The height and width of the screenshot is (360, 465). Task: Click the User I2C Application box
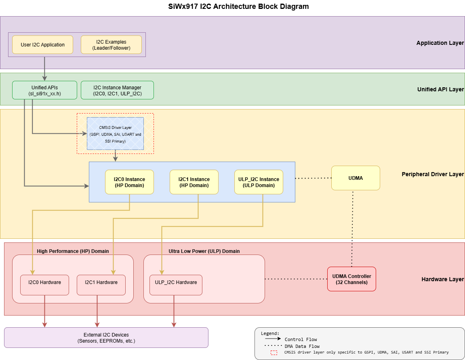42,44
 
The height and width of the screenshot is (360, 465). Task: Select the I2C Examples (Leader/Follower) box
111,44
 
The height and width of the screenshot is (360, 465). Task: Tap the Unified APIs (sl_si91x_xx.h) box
44,90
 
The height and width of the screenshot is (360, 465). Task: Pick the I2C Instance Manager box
117,90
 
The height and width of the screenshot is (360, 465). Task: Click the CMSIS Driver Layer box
115,134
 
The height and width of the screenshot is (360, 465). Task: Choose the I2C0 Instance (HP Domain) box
129,182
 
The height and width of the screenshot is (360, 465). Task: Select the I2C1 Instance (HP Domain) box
194,182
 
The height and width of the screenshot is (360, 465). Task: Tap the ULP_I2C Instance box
259,182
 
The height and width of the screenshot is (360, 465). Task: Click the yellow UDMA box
356,178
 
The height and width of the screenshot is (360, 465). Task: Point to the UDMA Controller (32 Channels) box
351,279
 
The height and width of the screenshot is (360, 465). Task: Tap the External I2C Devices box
106,337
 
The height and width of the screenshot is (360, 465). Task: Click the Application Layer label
440,43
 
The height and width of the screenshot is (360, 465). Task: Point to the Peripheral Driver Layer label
433,174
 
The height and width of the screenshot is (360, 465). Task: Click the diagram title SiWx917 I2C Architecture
232,6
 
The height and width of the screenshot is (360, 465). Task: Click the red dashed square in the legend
274,352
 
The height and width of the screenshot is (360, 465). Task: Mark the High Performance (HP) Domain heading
73,251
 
